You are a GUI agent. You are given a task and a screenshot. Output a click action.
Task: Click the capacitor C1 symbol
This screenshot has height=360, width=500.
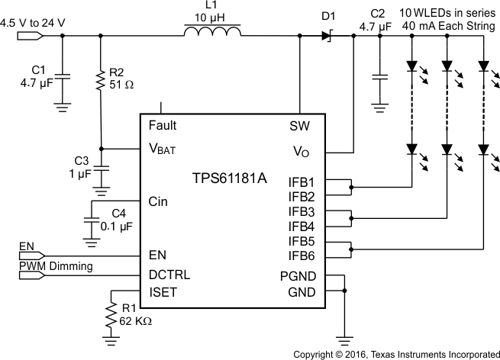click(63, 76)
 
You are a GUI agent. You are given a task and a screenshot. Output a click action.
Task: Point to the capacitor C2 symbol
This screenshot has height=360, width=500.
click(379, 76)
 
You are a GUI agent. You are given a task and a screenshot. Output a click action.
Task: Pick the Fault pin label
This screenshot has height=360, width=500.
click(163, 125)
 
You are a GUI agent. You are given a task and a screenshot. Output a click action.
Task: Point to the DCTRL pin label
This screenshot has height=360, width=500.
click(169, 275)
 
